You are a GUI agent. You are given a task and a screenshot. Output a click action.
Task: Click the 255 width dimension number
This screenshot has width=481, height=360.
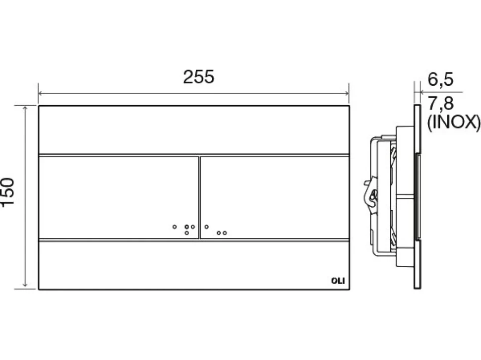click(x=198, y=77)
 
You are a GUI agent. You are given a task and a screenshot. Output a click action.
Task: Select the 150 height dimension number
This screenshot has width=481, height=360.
click(x=7, y=192)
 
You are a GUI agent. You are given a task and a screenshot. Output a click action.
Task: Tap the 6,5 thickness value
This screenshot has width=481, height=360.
click(x=440, y=79)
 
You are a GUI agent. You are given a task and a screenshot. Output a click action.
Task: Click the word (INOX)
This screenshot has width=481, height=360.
click(x=454, y=122)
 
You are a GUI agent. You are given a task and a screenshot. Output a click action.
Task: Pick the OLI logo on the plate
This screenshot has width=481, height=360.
click(x=338, y=281)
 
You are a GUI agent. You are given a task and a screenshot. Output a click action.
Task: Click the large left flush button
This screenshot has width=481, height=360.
click(x=119, y=197)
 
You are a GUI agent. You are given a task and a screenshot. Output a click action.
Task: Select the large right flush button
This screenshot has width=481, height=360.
click(x=275, y=197)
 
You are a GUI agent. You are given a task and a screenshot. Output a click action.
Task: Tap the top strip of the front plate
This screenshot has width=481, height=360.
click(x=194, y=130)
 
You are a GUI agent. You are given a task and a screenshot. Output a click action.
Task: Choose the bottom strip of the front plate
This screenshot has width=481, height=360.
click(x=194, y=265)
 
